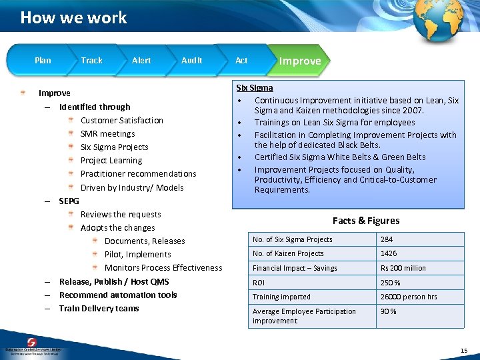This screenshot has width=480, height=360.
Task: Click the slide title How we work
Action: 73,17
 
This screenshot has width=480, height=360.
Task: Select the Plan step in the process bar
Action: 43,60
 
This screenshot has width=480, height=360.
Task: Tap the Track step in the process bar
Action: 92,60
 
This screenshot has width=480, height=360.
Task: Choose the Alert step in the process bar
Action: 141,60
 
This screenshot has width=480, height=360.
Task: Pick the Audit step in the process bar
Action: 191,60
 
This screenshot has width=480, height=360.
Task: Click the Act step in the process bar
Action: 241,60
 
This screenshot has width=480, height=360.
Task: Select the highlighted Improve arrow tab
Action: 299,61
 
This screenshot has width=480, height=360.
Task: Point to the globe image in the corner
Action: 438,21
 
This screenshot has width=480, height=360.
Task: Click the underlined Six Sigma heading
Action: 255,88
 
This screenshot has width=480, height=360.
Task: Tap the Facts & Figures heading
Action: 366,221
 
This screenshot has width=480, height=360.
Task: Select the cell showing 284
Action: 387,239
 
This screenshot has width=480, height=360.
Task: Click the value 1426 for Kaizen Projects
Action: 389,253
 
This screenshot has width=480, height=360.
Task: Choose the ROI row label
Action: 259,283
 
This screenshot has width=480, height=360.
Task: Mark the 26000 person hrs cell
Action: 409,297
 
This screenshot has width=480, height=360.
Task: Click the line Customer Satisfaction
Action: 121,120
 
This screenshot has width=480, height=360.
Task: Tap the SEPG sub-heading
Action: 69,201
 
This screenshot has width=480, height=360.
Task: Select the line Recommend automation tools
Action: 118,295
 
